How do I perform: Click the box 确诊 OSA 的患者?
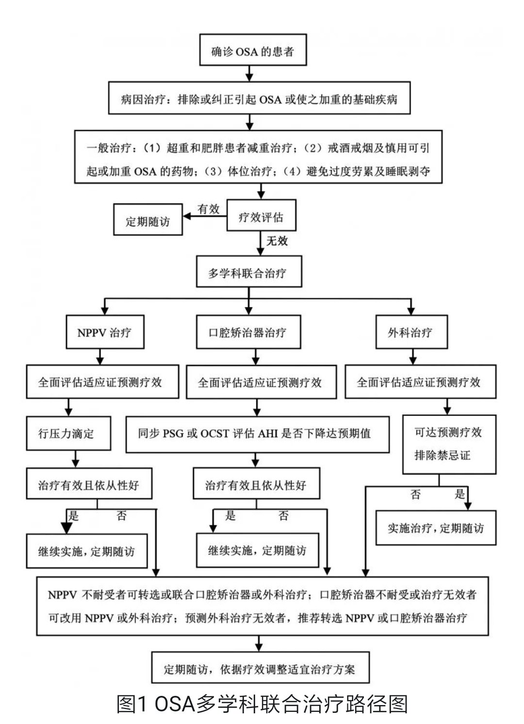pos(253,50)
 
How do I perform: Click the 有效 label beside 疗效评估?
pos(209,209)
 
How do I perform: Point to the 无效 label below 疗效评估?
pos(277,240)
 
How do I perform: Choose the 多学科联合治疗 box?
pos(248,272)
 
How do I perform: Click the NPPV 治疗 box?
pos(104,332)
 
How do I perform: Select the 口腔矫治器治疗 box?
pos(248,332)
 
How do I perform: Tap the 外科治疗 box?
pos(411,332)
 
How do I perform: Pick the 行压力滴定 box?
pos(67,433)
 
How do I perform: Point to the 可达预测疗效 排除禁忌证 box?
pos(449,444)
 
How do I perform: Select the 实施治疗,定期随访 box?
pos(436,527)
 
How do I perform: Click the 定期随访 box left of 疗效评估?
pos(148,221)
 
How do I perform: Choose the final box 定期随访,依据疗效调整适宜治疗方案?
pos(261,669)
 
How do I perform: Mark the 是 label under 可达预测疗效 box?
pos(459,494)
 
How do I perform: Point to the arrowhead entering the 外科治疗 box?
pos(411,311)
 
